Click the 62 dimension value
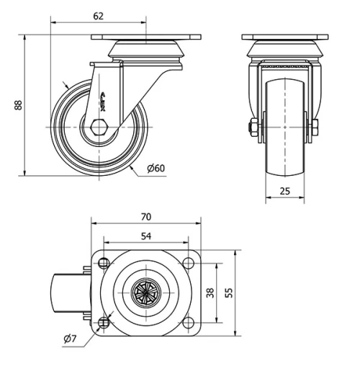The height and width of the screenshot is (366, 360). (x=98, y=14)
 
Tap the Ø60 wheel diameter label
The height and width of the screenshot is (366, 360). (x=156, y=169)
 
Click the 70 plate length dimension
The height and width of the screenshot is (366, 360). (x=146, y=216)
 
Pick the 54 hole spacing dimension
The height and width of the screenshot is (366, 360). (x=145, y=236)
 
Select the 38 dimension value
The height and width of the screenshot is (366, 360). (x=210, y=293)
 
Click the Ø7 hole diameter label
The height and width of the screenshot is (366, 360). (x=70, y=338)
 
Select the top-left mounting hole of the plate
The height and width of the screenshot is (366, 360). (x=104, y=263)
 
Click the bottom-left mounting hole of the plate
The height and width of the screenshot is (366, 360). (x=104, y=322)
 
